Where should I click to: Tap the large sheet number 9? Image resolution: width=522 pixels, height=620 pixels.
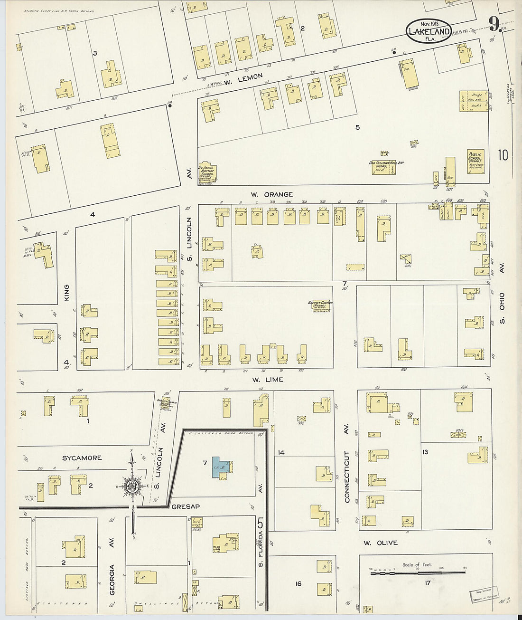click(494, 22)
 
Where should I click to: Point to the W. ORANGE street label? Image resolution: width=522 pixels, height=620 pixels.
click(272, 194)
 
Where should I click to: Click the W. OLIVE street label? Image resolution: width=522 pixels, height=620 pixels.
click(381, 543)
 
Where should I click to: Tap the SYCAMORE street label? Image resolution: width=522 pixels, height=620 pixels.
click(82, 458)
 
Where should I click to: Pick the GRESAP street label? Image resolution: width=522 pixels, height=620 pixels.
click(186, 506)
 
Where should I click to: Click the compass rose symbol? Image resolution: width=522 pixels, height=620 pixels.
click(131, 486)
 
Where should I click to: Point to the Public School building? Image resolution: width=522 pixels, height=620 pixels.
click(475, 163)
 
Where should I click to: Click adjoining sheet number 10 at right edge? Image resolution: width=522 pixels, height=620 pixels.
click(503, 155)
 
